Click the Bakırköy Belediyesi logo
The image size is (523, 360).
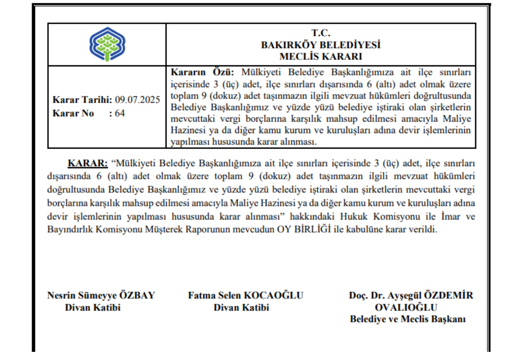click(106, 44)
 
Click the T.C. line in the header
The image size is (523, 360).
click(321, 33)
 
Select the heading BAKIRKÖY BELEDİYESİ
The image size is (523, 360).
click(321, 44)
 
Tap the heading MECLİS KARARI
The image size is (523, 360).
click(321, 56)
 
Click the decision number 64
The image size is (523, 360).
click(120, 113)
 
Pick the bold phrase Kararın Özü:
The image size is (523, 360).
click(202, 73)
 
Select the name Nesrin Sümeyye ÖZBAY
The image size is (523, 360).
click(101, 295)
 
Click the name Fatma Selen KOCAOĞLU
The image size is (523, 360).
click(246, 295)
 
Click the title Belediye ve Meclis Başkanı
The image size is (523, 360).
click(408, 319)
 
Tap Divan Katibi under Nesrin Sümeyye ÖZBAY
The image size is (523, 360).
click(93, 307)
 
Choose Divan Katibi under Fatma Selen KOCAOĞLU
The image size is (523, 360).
click(242, 307)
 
